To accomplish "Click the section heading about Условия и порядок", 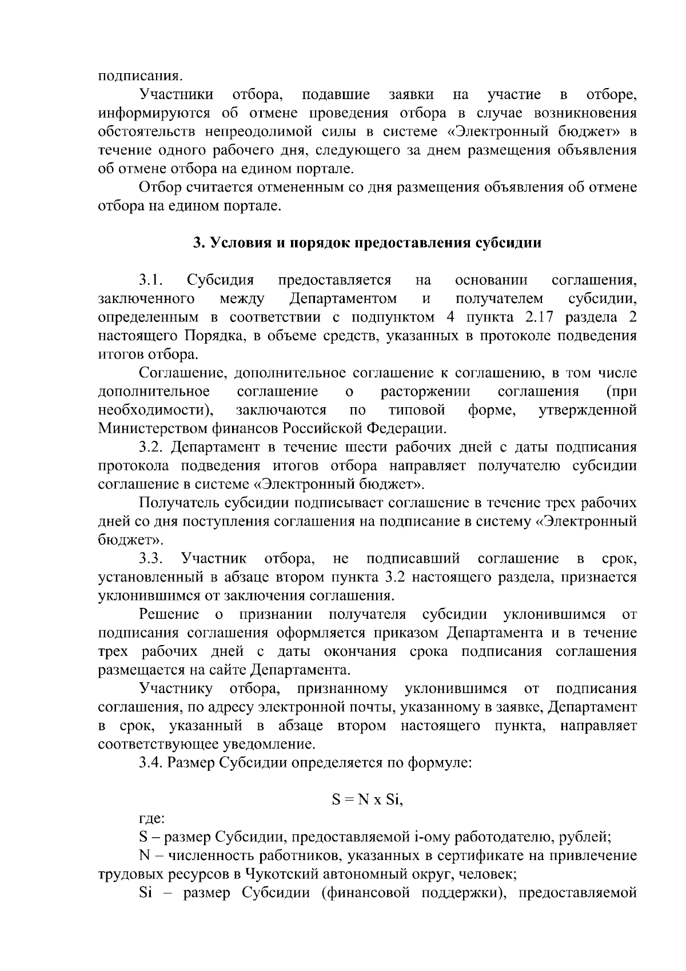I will pyautogui.click(x=366, y=242).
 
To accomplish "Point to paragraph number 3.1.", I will pyautogui.click(x=151, y=280).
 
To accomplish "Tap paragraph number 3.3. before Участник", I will pyautogui.click(x=151, y=558).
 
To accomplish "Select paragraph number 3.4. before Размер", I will pyautogui.click(x=151, y=763).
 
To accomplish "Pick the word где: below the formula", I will pyautogui.click(x=152, y=819).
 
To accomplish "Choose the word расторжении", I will pyautogui.click(x=425, y=391).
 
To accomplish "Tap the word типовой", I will pyautogui.click(x=417, y=410).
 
